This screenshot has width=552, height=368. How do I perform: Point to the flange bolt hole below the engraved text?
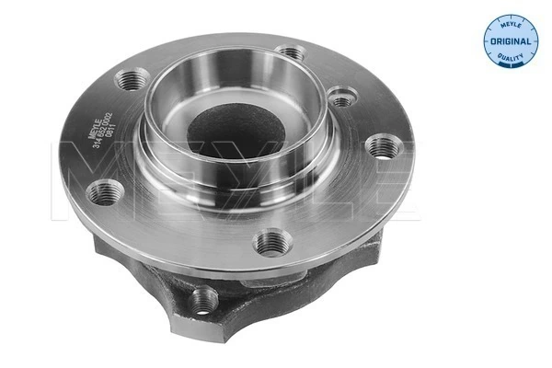click(x=106, y=192)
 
